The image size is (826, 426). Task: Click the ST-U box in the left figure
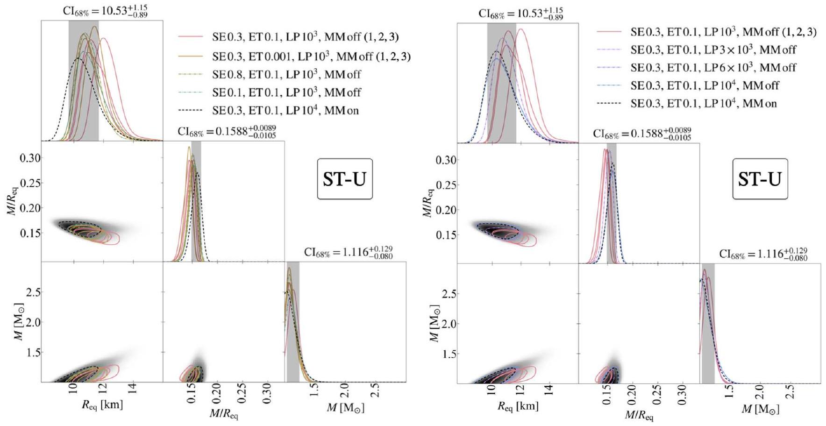coord(345,179)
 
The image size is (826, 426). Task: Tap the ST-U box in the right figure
coord(760,179)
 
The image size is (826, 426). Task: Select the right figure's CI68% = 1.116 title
coord(763,254)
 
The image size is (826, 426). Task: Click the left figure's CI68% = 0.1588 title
coord(227,131)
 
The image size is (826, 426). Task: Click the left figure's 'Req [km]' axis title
coord(102,405)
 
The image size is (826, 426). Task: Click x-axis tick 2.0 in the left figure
coord(344,391)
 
